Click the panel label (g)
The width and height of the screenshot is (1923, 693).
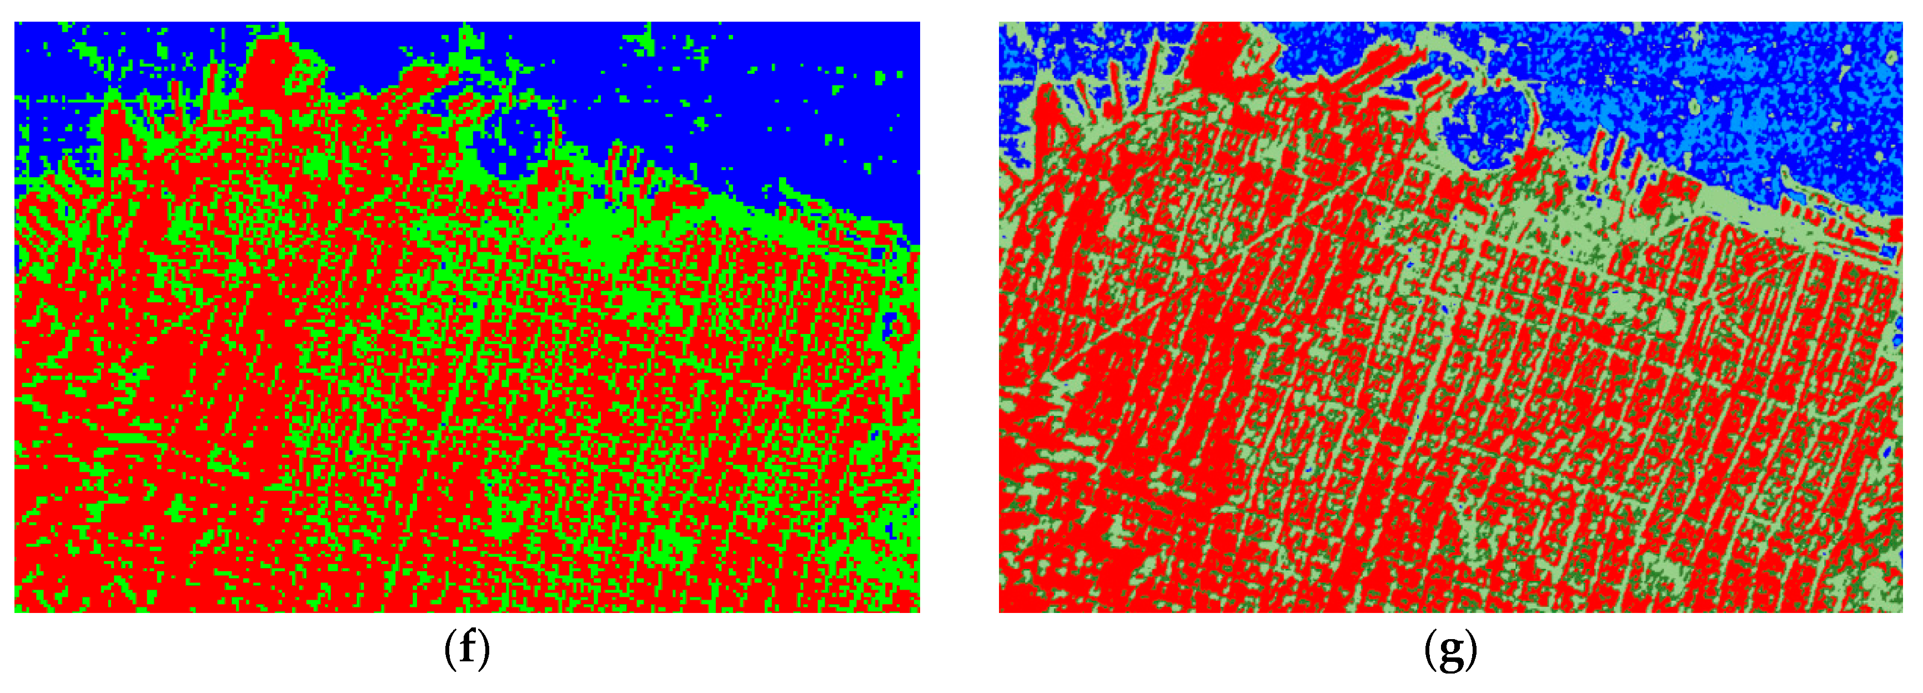click(1450, 648)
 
